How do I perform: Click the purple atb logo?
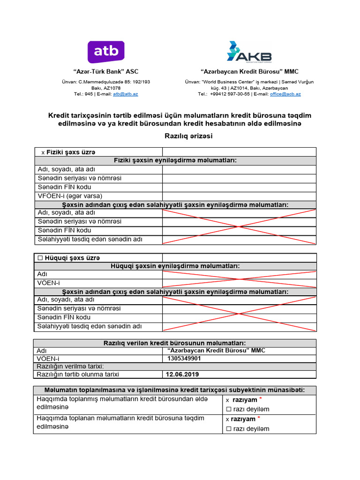click(x=106, y=52)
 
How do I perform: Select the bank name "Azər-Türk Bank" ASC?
click(x=106, y=72)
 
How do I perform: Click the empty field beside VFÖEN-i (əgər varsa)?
click(x=239, y=196)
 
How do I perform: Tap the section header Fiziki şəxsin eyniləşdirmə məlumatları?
click(x=175, y=161)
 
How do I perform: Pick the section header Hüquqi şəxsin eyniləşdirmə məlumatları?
click(x=175, y=266)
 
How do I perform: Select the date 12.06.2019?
click(x=182, y=375)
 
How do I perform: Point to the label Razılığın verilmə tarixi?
click(x=70, y=367)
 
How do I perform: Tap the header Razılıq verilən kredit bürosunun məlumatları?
click(x=174, y=343)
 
